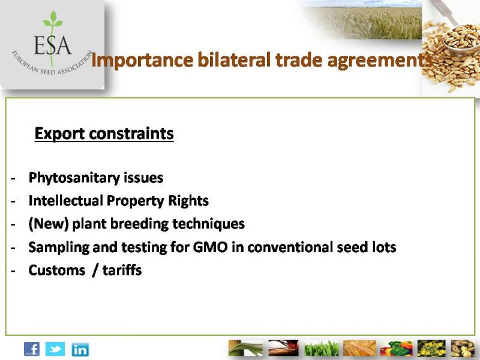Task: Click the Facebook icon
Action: (x=32, y=349)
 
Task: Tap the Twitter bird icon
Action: (x=55, y=349)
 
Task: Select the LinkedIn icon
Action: (x=80, y=350)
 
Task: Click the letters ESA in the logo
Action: (x=53, y=45)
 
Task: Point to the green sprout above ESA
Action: (x=53, y=21)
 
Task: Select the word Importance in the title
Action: (x=142, y=61)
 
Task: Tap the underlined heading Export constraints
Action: (x=104, y=134)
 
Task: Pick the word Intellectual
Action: (x=65, y=201)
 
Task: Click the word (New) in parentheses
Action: (x=49, y=224)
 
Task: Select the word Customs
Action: (x=56, y=271)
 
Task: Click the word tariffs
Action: (x=122, y=270)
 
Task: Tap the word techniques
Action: (x=208, y=224)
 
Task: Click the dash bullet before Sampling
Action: (x=13, y=247)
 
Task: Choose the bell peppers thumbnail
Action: (x=396, y=349)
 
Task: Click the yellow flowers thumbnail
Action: (x=431, y=349)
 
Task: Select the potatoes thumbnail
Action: (x=463, y=349)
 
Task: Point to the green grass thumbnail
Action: (x=322, y=349)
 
